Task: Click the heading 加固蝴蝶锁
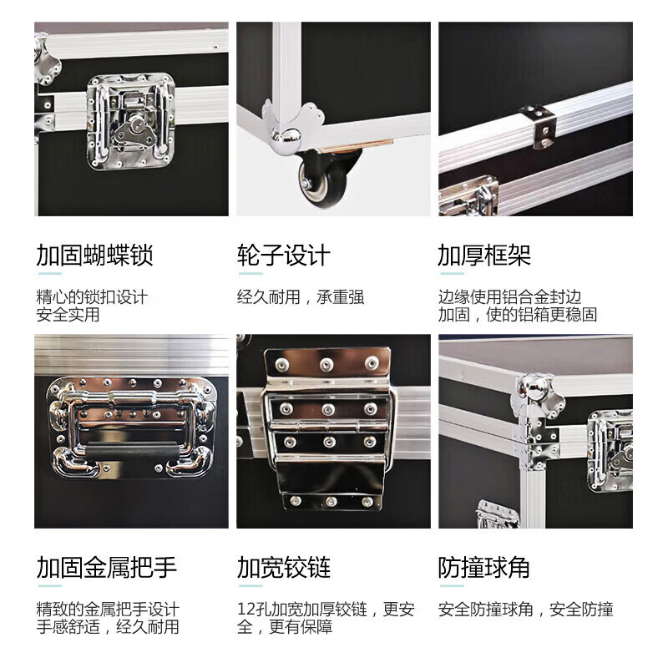click(x=94, y=255)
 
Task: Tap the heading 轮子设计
click(x=284, y=255)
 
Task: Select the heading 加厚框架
click(x=484, y=255)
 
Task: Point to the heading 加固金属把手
click(x=107, y=569)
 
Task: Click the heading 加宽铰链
click(x=284, y=569)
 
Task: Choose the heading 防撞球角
click(x=484, y=569)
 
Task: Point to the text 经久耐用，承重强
click(x=301, y=297)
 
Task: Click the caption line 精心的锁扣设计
click(x=92, y=297)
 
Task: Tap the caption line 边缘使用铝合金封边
click(x=509, y=297)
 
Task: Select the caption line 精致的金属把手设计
click(x=107, y=610)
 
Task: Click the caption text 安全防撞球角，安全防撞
click(x=526, y=610)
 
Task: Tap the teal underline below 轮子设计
click(x=249, y=274)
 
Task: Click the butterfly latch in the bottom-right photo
click(x=613, y=439)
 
